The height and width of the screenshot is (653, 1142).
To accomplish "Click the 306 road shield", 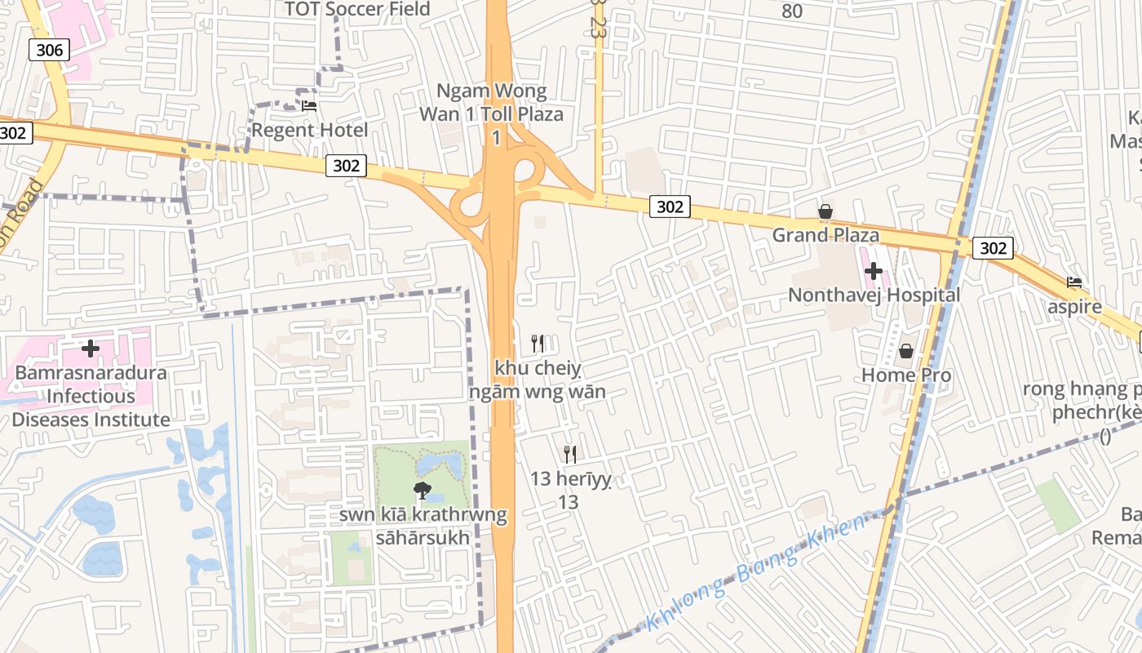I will pos(49,50).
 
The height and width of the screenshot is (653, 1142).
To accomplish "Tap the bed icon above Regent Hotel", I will pos(309,105).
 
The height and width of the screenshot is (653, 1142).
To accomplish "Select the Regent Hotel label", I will pos(309,130).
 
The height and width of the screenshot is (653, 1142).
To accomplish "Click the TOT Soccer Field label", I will pos(356,9).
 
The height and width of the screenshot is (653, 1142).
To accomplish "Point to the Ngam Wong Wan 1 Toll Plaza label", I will pos(491,113).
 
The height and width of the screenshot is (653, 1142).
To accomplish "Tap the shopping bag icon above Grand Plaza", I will pos(826,212).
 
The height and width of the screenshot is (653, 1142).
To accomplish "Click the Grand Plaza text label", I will pos(826,236).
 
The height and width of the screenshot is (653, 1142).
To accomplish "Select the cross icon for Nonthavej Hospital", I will pos(874,271).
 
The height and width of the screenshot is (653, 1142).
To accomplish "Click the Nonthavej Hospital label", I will pos(874,295).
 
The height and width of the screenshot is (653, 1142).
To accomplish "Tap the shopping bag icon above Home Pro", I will pos(905,352).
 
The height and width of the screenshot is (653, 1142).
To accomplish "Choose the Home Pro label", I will pos(906,375).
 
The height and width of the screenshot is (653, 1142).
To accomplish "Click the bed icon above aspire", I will pos(1074,283).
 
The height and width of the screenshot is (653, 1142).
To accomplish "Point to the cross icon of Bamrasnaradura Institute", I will pos(91,349).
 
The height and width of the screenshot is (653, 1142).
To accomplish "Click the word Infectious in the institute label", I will pos(91,397).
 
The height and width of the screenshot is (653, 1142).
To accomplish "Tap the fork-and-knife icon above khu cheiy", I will pos(538,344).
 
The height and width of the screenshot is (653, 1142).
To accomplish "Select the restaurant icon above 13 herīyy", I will pos(569,455).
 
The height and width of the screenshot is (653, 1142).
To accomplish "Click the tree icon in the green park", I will pos(422,491).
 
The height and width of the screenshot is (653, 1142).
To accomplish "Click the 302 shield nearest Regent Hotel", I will pos(346,166).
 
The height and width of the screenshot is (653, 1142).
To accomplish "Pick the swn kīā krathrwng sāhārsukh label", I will pos(423,526).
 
